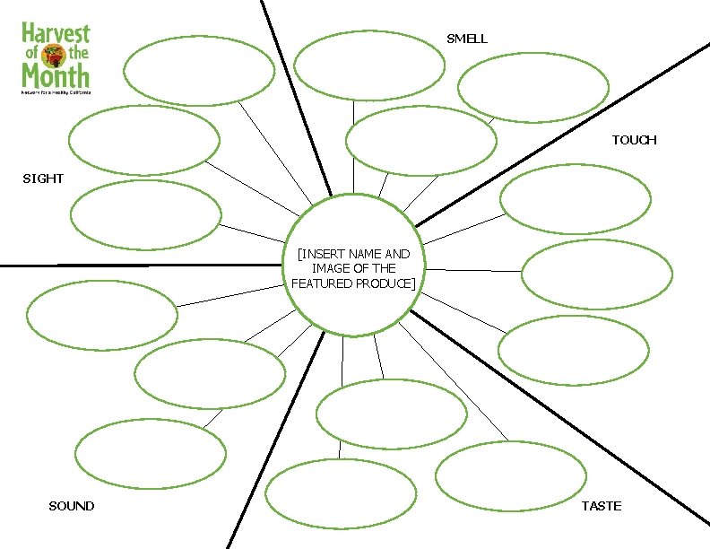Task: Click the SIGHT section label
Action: (43, 179)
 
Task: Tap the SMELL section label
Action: (467, 39)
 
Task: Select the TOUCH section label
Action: (634, 140)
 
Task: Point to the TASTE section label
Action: (601, 507)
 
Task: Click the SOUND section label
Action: (71, 507)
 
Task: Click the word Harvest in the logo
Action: (56, 34)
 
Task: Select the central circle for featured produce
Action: (354, 266)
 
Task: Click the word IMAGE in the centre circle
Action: (328, 268)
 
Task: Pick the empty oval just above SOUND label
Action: (150, 457)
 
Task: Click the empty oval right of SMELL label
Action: (532, 87)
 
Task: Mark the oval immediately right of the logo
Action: (199, 71)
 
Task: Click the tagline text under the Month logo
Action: (56, 92)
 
